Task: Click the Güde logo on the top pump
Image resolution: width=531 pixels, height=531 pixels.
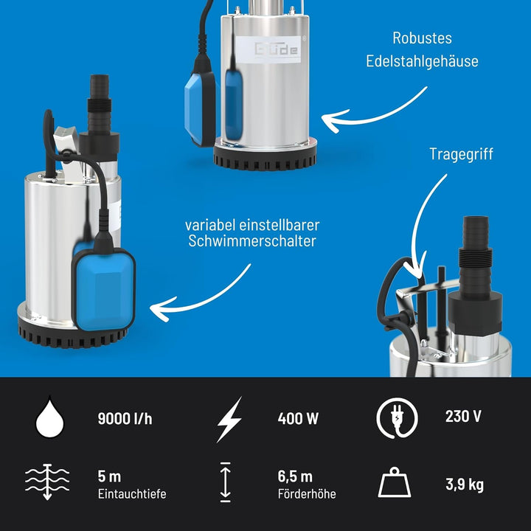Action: (x=276, y=49)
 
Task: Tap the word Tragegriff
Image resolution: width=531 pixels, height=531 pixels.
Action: (x=461, y=154)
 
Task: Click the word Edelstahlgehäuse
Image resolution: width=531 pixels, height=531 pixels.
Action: (x=422, y=61)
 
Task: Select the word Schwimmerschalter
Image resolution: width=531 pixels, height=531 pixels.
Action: (x=252, y=241)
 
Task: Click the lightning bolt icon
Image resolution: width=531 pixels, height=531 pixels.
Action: (x=229, y=419)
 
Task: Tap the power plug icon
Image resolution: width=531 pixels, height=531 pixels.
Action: (x=398, y=418)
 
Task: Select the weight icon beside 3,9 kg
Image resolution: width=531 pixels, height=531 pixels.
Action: (x=395, y=482)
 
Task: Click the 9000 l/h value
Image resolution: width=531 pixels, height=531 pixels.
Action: (x=125, y=419)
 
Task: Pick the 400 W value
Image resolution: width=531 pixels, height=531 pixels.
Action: (x=298, y=419)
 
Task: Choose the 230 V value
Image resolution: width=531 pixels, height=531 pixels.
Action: (x=463, y=416)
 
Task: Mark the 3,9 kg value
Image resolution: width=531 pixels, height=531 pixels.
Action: (x=465, y=485)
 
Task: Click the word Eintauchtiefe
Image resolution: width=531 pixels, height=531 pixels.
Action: (x=132, y=494)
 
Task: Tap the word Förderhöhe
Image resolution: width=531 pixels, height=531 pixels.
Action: (x=307, y=494)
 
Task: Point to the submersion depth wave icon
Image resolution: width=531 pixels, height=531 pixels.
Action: (x=47, y=482)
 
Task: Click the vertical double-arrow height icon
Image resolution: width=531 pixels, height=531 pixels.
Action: (x=225, y=482)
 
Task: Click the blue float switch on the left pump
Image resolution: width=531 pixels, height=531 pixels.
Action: (x=104, y=289)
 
